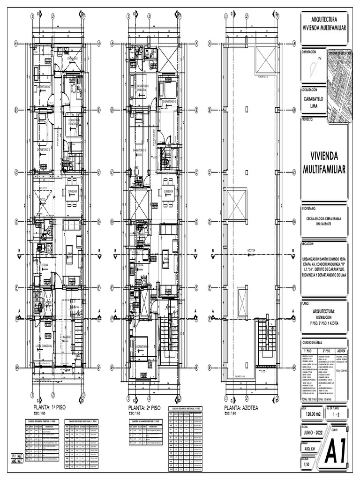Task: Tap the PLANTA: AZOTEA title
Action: pos(241,408)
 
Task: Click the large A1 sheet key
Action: pos(337,452)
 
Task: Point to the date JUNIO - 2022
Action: pos(314,433)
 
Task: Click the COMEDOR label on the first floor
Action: pos(72,192)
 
